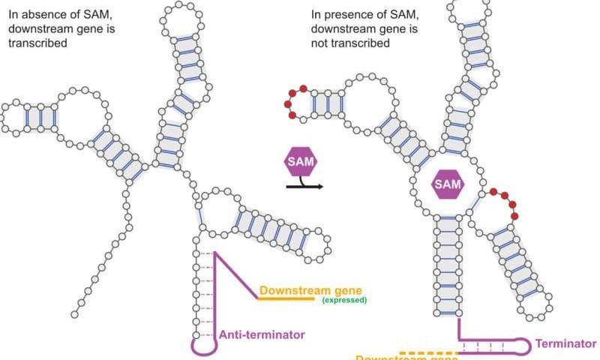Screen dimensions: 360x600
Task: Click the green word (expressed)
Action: (x=343, y=300)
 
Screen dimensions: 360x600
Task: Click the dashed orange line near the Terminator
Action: (x=428, y=352)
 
